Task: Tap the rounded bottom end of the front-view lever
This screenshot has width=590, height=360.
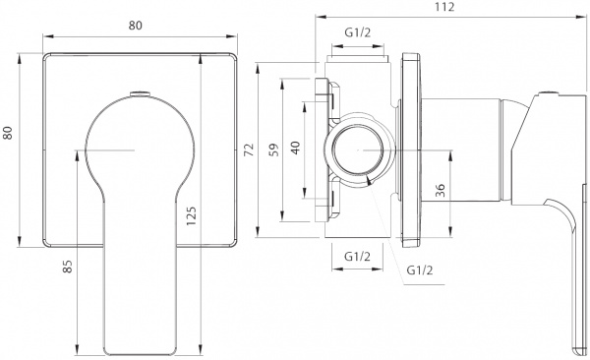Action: [x=141, y=350]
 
